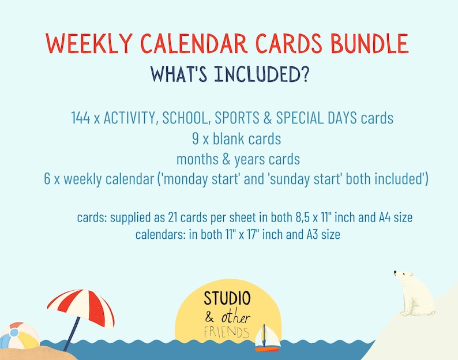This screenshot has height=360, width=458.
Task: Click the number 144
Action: point(81,118)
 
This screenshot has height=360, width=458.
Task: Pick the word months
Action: point(197,159)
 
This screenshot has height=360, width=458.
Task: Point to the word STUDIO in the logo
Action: point(227,298)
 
